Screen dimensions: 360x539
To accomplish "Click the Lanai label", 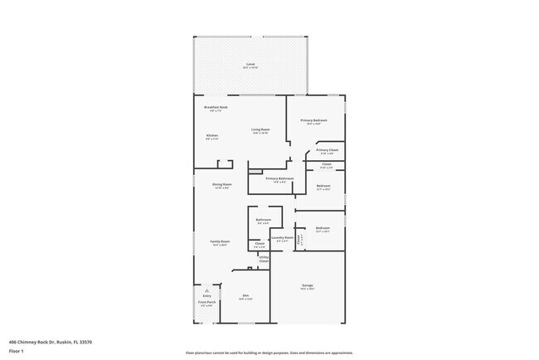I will [250, 65].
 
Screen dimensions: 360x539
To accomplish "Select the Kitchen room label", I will [212, 136].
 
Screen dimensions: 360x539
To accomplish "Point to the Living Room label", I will [260, 130].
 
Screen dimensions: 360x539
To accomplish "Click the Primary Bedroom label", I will [315, 121].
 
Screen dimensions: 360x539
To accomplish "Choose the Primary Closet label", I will [327, 151].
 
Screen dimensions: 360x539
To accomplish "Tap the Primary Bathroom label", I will [279, 179].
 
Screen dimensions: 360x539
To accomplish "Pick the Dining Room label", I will [221, 185].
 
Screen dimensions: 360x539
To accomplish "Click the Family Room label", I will [220, 242].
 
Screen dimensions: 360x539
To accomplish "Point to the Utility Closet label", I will [264, 260].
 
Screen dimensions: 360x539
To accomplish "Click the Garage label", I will [307, 286].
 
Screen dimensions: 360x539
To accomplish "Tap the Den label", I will [245, 296].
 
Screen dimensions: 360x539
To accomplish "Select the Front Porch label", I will [206, 304].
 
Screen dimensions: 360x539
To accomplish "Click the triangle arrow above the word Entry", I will [206, 290].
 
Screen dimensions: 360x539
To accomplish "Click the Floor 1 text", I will [17, 351].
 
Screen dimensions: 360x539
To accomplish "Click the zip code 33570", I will [85, 342].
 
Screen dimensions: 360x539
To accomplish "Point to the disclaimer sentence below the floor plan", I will [269, 352].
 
